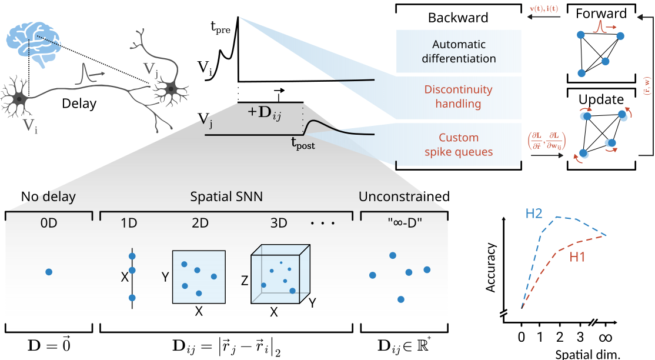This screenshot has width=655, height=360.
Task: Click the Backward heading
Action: click(x=458, y=18)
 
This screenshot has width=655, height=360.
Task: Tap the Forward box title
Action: click(x=601, y=14)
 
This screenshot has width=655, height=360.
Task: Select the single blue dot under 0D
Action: click(x=49, y=272)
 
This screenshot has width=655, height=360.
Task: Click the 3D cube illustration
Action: click(x=280, y=275)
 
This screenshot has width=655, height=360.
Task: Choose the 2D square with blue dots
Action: click(x=199, y=276)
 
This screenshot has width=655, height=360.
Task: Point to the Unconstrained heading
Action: click(x=404, y=196)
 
